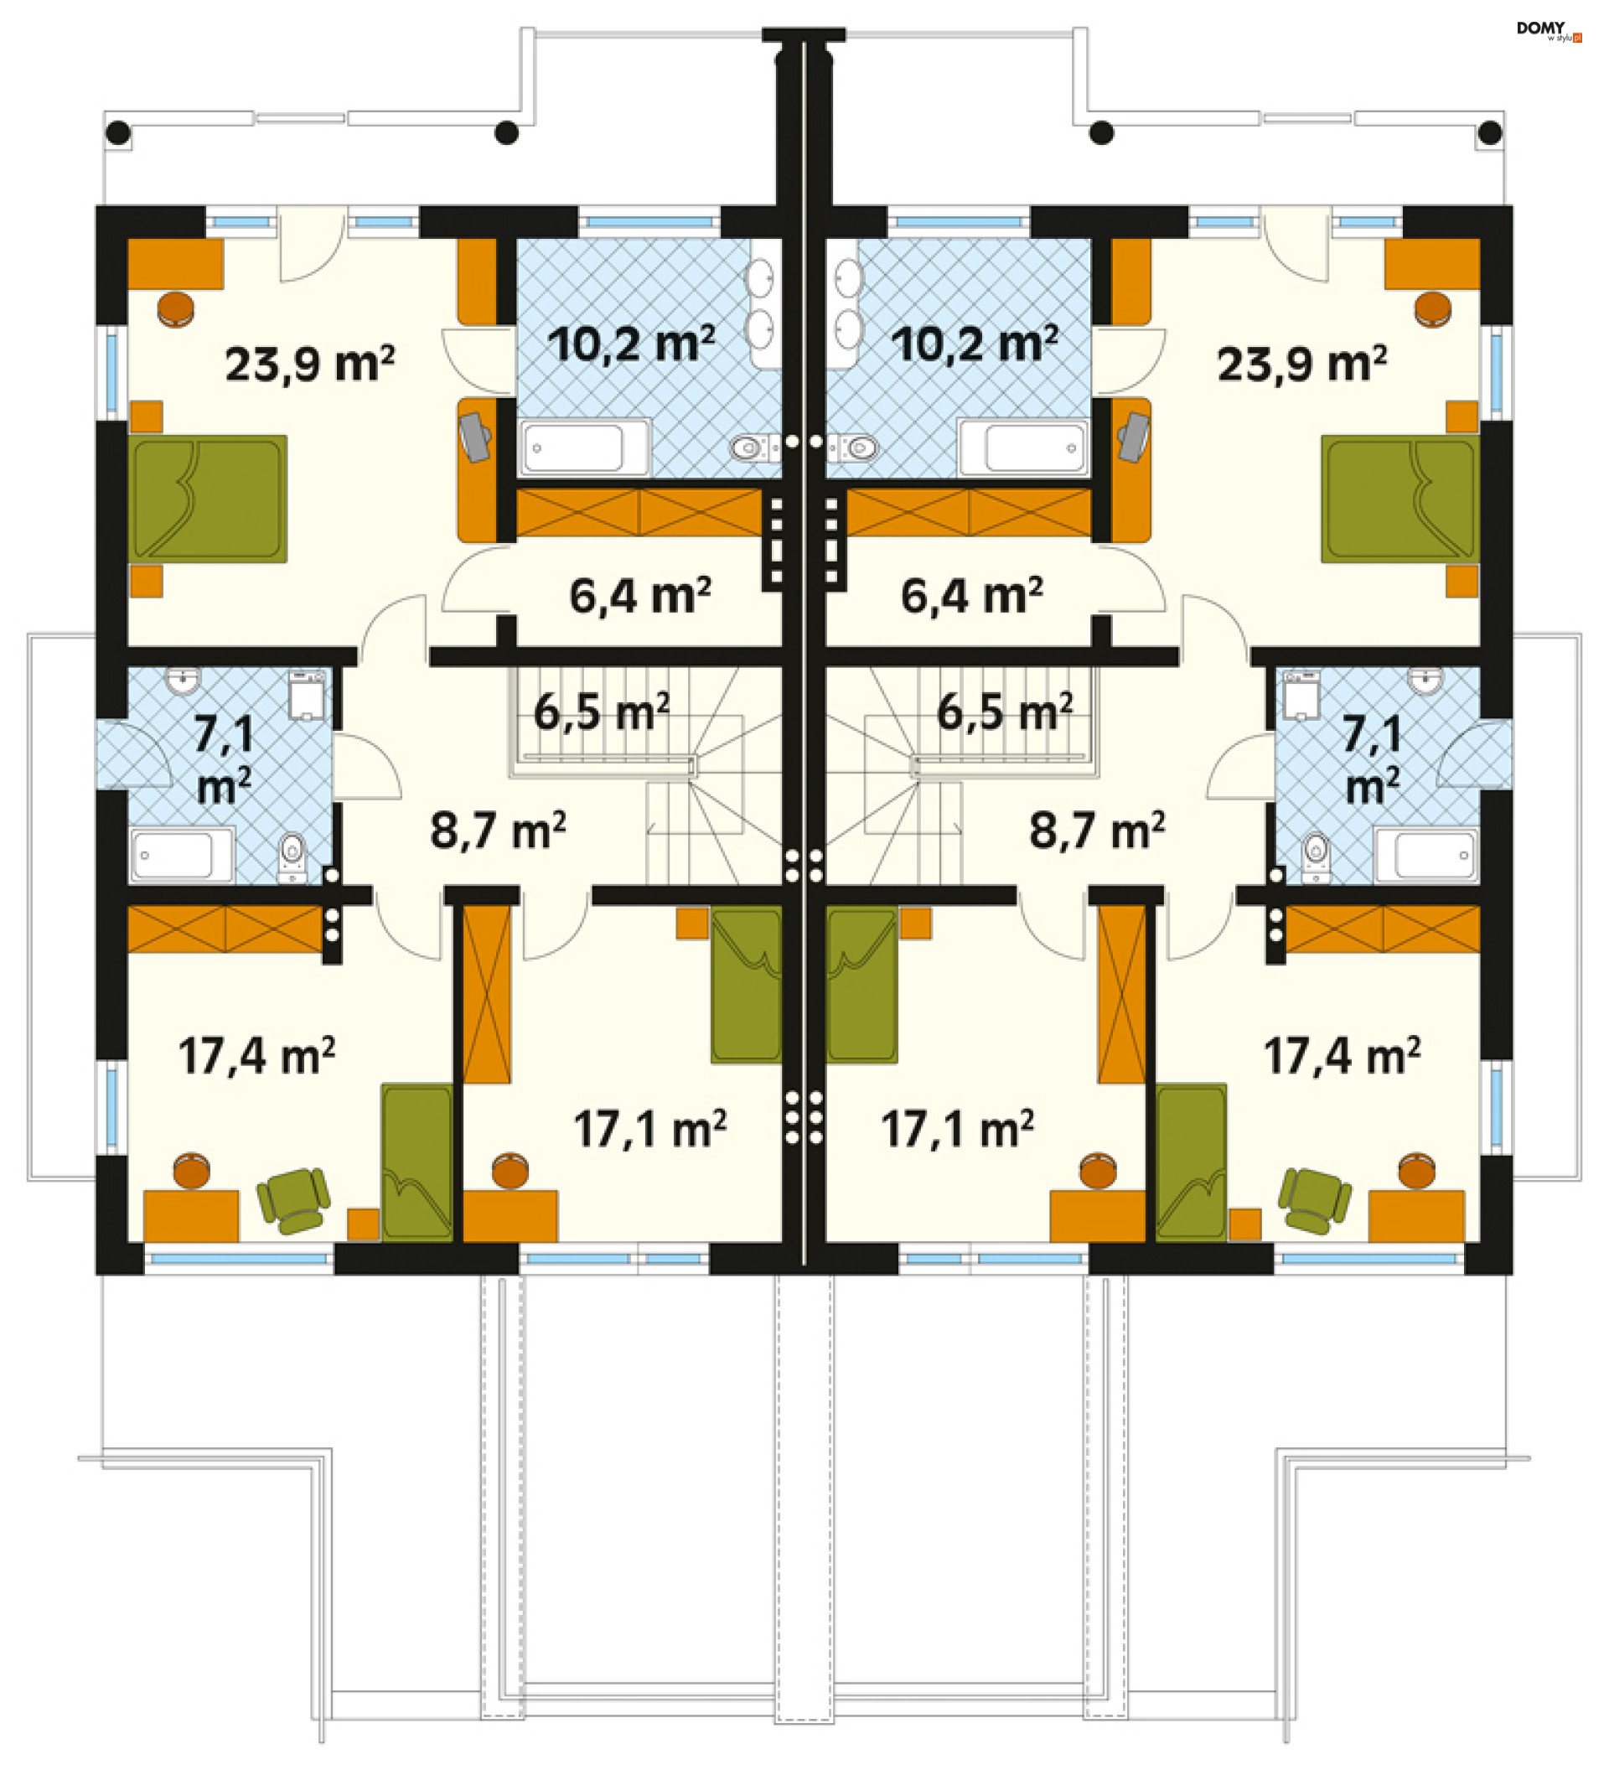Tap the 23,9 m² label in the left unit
pyautogui.click(x=310, y=364)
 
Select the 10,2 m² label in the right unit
pyautogui.click(x=975, y=344)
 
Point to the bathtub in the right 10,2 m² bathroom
pyautogui.click(x=1023, y=447)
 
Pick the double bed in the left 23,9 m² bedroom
pyautogui.click(x=208, y=499)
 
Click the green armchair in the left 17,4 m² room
pyautogui.click(x=293, y=1199)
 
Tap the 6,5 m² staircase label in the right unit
pyautogui.click(x=1004, y=712)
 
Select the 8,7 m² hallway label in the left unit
pyautogui.click(x=498, y=830)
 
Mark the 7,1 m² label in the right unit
pyautogui.click(x=1373, y=759)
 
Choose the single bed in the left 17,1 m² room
pyautogui.click(x=745, y=985)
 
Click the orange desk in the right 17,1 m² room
pyautogui.click(x=1097, y=1216)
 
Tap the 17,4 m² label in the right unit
pyautogui.click(x=1342, y=1055)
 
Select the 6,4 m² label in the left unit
pyautogui.click(x=640, y=595)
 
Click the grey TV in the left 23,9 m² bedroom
pyautogui.click(x=475, y=437)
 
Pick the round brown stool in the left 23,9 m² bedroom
pyautogui.click(x=175, y=309)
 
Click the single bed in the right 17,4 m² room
pyautogui.click(x=1191, y=1162)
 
